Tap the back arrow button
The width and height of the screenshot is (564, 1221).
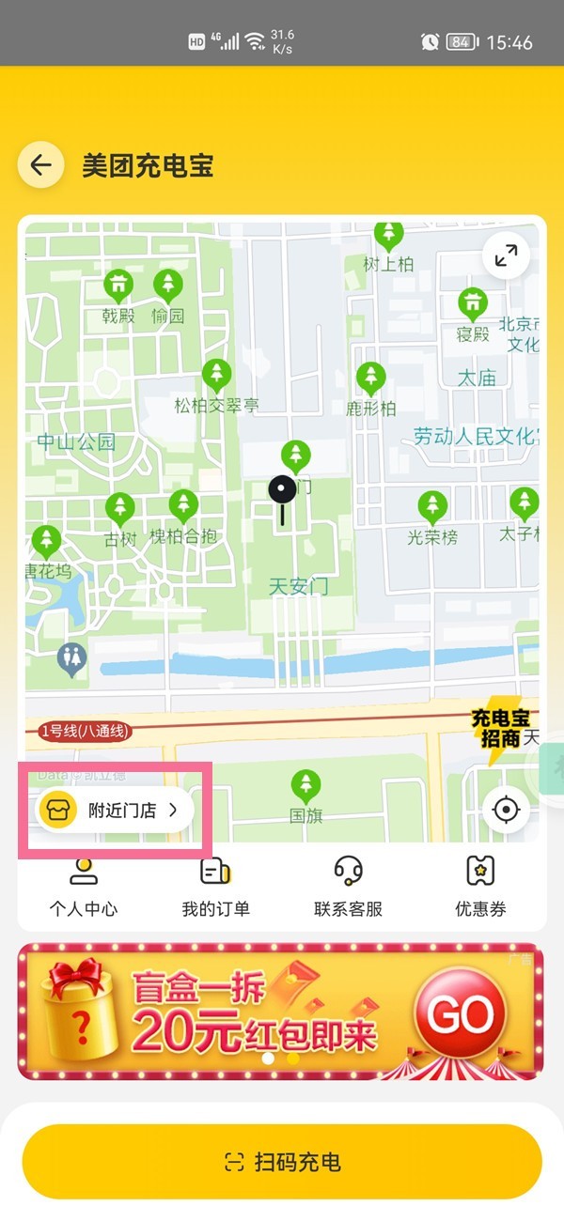click(x=40, y=166)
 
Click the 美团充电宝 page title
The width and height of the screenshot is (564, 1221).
click(x=148, y=166)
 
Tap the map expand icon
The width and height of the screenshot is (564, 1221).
click(x=506, y=255)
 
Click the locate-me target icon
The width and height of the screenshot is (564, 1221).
click(x=506, y=810)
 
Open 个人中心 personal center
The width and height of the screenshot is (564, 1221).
click(x=84, y=886)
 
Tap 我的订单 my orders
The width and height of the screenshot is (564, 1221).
click(x=215, y=886)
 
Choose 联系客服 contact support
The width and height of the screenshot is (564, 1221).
click(x=348, y=886)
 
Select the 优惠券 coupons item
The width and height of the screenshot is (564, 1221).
click(x=480, y=886)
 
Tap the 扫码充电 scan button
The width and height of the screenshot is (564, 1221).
click(x=282, y=1162)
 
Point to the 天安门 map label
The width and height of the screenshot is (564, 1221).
click(x=299, y=587)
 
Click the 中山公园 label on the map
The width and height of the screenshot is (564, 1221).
click(x=76, y=441)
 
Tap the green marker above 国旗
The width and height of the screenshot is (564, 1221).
click(x=305, y=785)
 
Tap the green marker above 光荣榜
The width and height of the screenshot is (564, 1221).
click(x=432, y=506)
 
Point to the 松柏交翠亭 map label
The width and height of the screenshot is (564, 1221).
click(x=217, y=406)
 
